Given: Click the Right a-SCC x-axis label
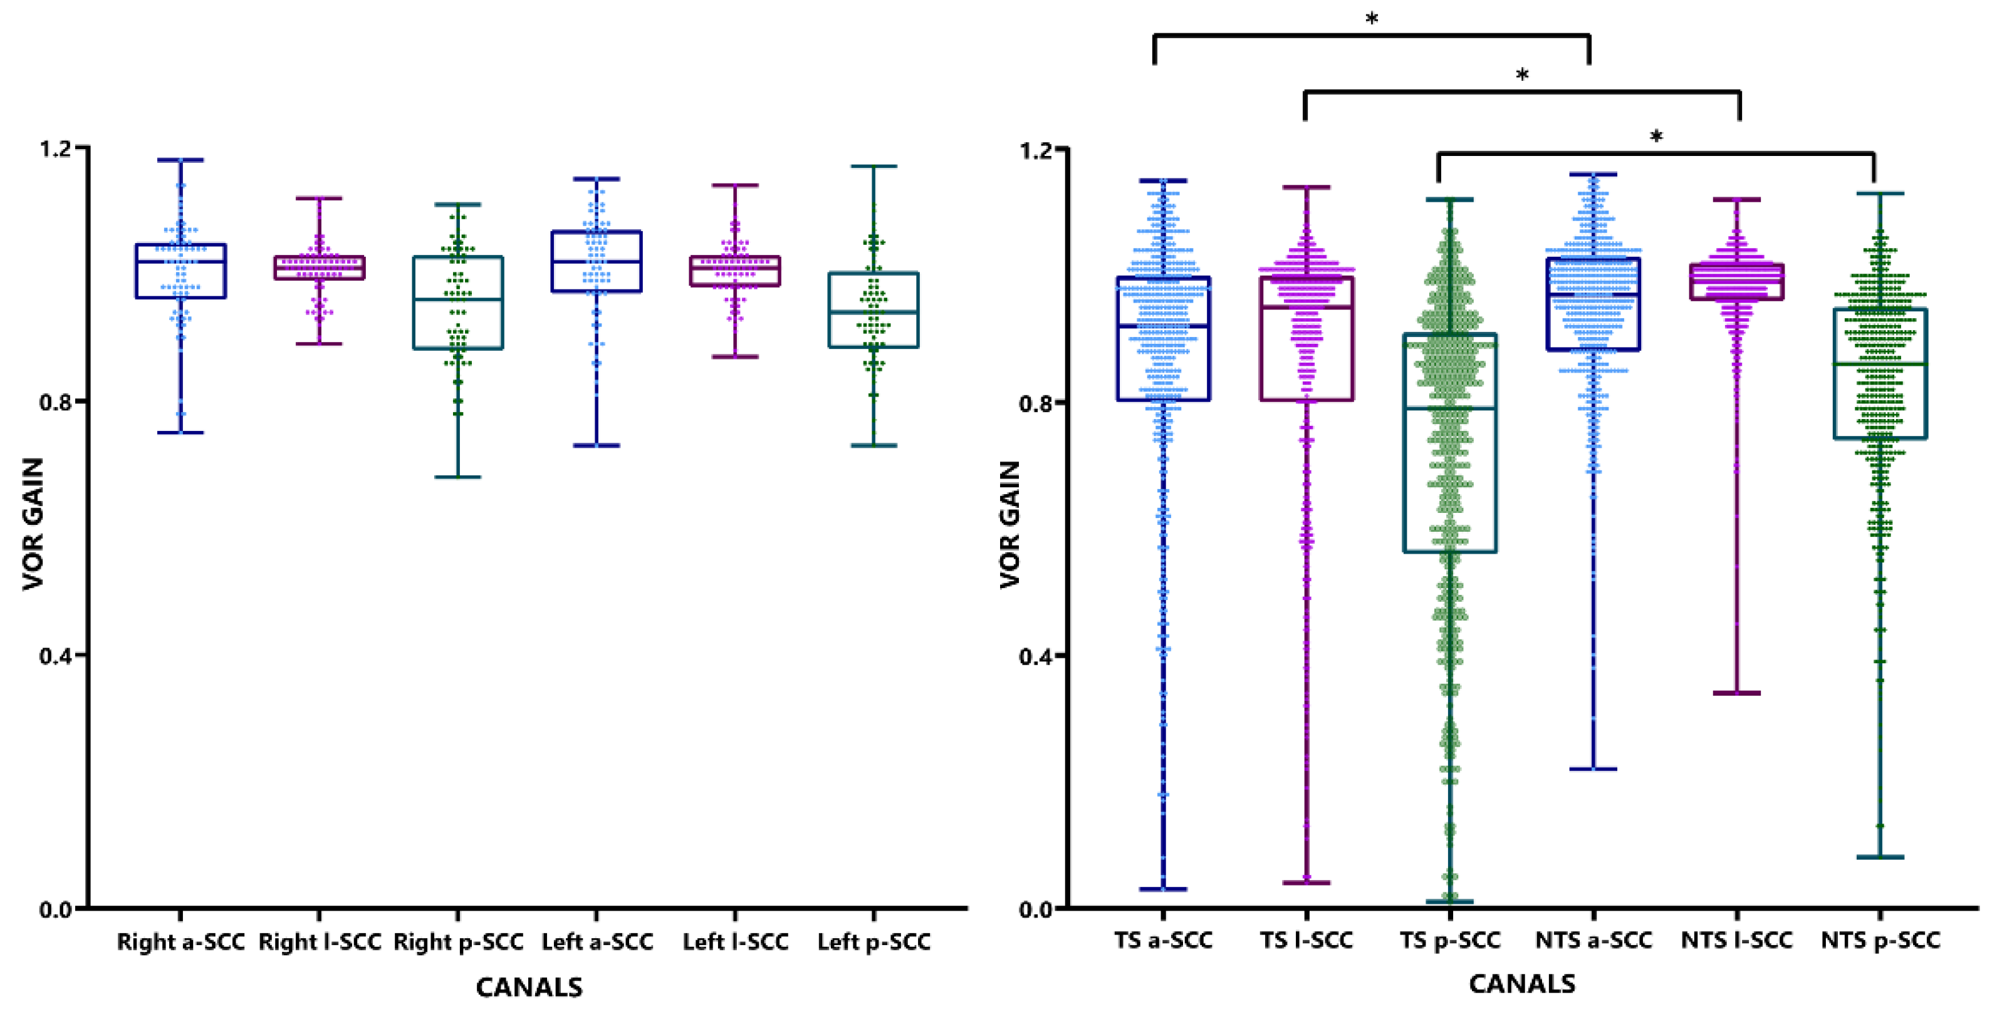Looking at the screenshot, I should click(x=180, y=942).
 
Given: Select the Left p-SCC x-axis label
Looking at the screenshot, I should click(x=874, y=942).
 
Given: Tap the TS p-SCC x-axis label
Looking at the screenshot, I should click(x=1450, y=940).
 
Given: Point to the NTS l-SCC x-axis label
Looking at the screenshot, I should click(x=1737, y=940).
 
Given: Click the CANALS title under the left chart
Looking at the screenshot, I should click(x=529, y=987).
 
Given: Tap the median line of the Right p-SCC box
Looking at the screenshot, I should click(x=458, y=299).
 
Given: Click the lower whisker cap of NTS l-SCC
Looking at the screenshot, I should click(x=1737, y=693).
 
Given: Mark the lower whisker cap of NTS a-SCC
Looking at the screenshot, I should click(x=1593, y=768).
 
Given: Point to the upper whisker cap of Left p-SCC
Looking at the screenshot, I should click(x=874, y=166).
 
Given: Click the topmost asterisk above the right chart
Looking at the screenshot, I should click(x=1371, y=19).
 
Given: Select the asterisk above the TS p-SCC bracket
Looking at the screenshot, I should click(x=1656, y=138).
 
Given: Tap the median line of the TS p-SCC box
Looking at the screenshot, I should click(x=1450, y=408).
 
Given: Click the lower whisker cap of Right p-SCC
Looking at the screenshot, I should click(x=458, y=477).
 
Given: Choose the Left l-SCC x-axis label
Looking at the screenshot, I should click(x=736, y=942).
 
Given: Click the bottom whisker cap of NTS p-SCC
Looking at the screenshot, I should click(x=1880, y=857).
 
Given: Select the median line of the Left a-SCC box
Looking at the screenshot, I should click(x=596, y=261).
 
